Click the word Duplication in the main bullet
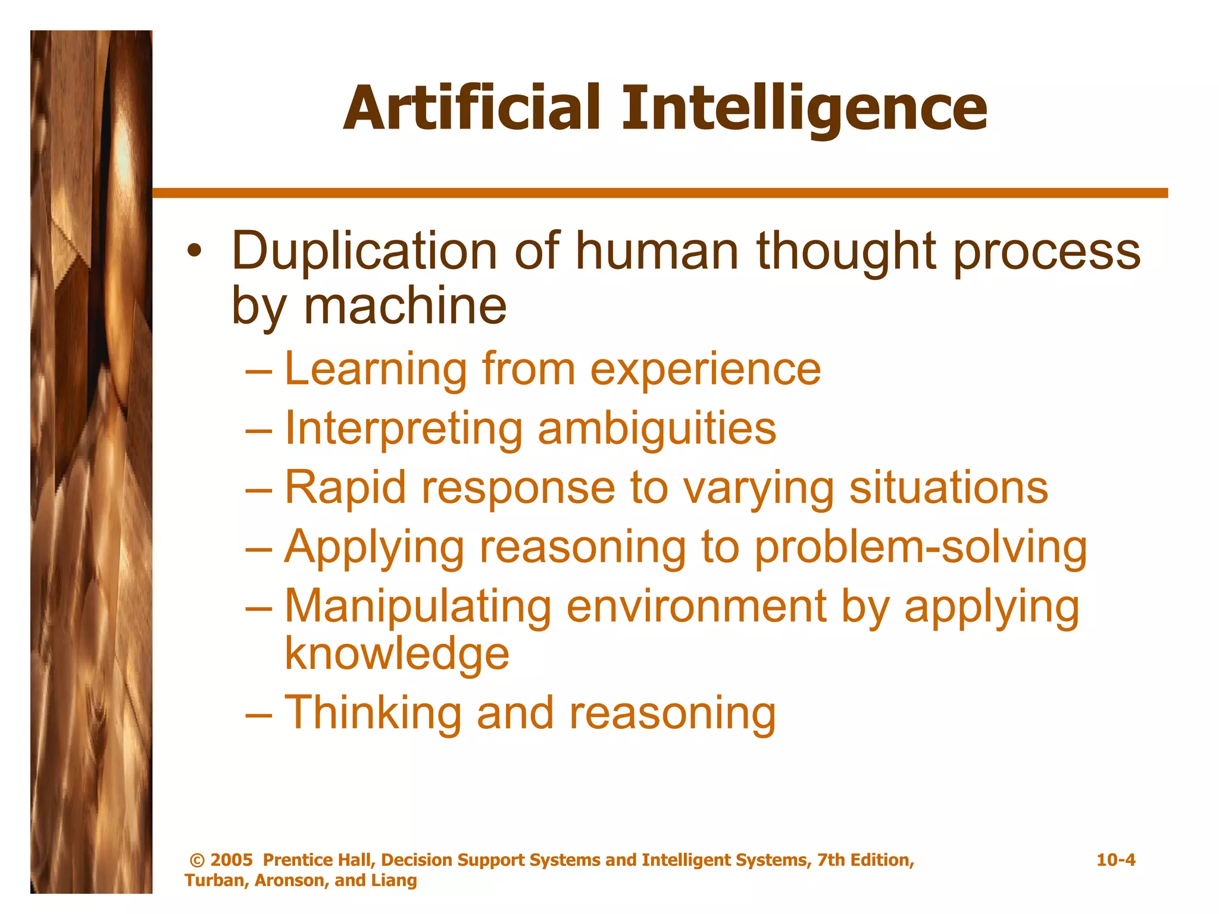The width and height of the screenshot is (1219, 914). pyautogui.click(x=364, y=252)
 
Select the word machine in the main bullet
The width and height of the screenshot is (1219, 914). pyautogui.click(x=405, y=306)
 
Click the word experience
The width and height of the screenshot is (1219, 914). pyautogui.click(x=705, y=369)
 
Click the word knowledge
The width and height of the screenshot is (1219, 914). pyautogui.click(x=397, y=653)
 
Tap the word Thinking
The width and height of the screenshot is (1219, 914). pyautogui.click(x=373, y=713)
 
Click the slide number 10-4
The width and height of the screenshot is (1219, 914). pyautogui.click(x=1115, y=860)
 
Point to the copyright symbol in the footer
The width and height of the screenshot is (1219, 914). pyautogui.click(x=196, y=860)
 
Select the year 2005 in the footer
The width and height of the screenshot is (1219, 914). pyautogui.click(x=232, y=860)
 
